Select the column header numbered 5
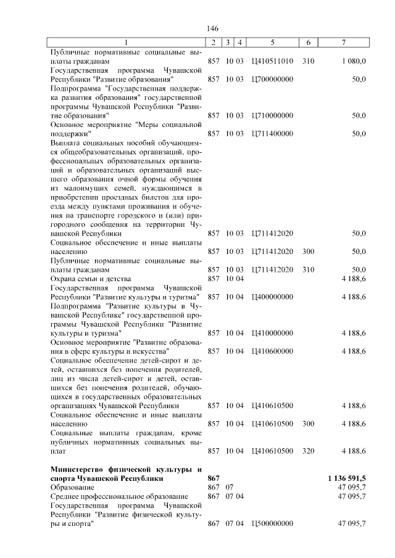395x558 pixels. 272,42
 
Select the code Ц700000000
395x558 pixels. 272,80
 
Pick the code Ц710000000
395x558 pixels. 272,115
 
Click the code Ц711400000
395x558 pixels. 272,133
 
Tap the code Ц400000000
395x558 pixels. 272,297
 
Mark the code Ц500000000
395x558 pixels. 272,523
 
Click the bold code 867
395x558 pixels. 214,478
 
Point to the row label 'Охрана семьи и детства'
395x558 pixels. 89,279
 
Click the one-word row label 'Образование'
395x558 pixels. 73,487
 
